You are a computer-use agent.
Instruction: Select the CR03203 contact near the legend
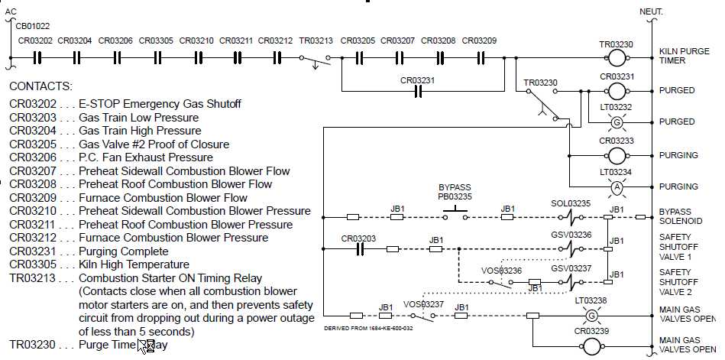(x=358, y=249)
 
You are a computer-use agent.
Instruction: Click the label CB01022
(x=33, y=24)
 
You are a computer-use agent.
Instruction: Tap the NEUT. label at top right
(x=651, y=11)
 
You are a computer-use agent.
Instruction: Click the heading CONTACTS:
(x=40, y=86)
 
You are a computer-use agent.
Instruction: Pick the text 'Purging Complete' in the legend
(x=124, y=251)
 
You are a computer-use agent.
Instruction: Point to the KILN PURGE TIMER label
(x=677, y=56)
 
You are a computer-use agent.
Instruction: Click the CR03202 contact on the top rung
(x=35, y=58)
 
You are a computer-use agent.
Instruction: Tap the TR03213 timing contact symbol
(x=316, y=60)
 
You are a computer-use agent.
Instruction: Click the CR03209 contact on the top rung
(x=480, y=58)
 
